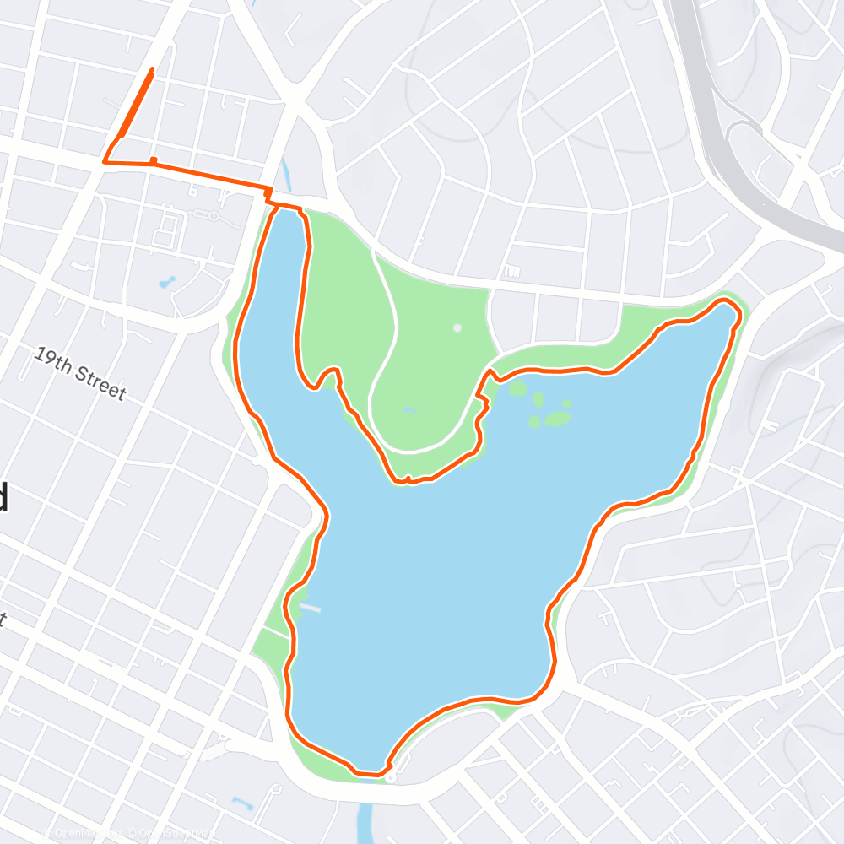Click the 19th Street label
pos(80,373)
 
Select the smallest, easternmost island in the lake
pos(566,403)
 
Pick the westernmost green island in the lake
pos(517,388)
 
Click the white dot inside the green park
pos(457,327)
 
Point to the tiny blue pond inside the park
pos(409,411)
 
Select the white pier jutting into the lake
pos(309,607)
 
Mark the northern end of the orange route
pos(152,69)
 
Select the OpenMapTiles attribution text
pos(84,834)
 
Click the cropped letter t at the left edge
pos(3,620)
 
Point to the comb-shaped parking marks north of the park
pos(511,272)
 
